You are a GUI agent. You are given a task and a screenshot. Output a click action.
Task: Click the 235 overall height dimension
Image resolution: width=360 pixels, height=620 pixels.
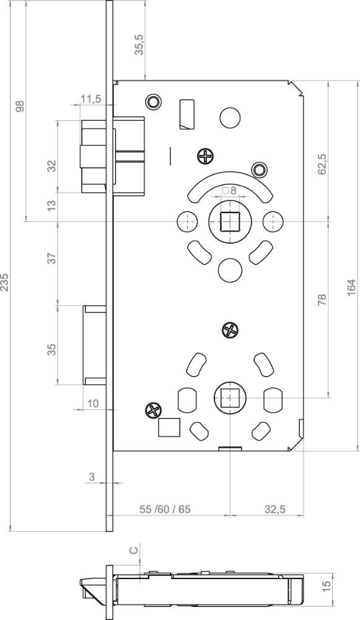click(4, 282)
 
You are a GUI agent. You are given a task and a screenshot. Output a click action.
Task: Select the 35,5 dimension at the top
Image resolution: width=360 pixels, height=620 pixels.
click(140, 44)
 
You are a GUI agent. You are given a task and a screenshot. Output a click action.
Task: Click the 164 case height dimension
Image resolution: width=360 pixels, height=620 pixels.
click(351, 288)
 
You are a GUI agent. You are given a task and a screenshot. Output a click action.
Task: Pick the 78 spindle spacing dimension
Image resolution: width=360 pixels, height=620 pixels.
click(322, 299)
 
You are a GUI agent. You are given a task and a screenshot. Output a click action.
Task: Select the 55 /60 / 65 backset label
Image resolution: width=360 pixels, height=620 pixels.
click(165, 509)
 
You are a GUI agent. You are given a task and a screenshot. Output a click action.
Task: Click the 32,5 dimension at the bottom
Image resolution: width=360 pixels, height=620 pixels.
click(274, 509)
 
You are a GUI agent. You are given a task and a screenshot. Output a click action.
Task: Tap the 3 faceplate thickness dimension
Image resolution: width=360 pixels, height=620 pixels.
click(92, 477)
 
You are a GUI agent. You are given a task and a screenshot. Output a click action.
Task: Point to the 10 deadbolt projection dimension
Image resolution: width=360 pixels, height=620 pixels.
click(92, 404)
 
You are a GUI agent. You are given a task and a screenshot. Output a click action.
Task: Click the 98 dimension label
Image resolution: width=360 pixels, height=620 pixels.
click(20, 106)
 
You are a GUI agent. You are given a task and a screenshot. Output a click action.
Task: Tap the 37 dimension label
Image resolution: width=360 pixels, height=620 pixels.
click(53, 258)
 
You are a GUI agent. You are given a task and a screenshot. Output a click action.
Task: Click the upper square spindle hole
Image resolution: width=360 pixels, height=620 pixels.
click(227, 221)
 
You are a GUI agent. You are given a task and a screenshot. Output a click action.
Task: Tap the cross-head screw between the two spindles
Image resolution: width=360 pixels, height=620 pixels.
click(230, 330)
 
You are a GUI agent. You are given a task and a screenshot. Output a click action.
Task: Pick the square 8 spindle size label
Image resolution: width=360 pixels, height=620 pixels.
click(229, 190)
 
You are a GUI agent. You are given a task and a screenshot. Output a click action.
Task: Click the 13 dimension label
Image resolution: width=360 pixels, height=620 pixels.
click(53, 205)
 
